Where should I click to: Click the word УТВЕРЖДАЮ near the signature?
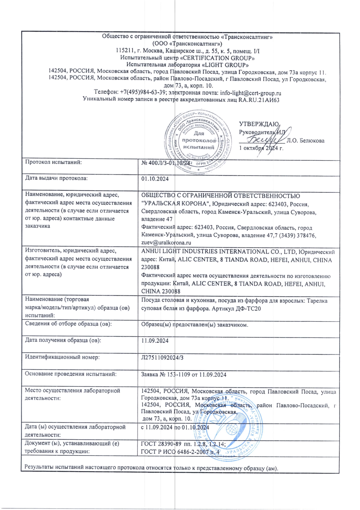click(x=259, y=124)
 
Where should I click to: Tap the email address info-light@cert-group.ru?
click(x=251, y=93)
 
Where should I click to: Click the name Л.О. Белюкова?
click(x=305, y=141)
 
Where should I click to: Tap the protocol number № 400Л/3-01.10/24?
click(x=165, y=163)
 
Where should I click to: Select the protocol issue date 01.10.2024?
click(x=155, y=179)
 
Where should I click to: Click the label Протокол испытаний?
click(x=53, y=162)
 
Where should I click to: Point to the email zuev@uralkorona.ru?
click(x=166, y=242)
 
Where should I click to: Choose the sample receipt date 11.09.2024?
click(x=155, y=341)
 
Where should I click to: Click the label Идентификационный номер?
click(x=62, y=357)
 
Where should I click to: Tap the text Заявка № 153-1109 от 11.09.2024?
click(x=183, y=375)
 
